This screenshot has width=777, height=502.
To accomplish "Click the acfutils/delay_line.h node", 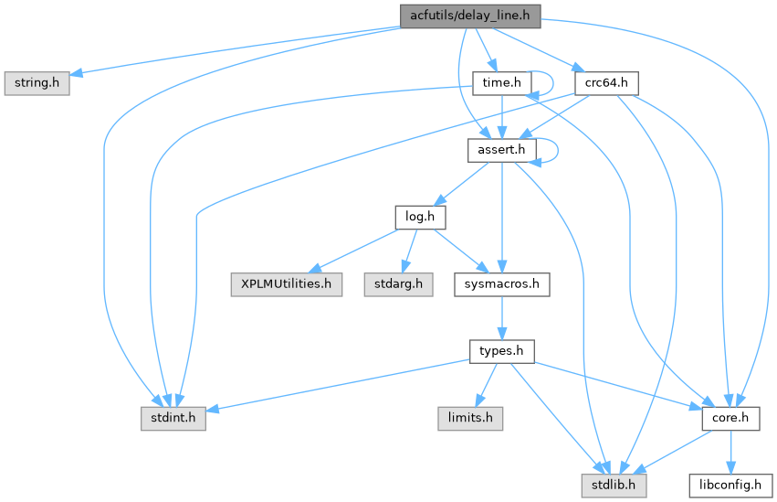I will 470,15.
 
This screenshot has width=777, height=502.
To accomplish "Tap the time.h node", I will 501,82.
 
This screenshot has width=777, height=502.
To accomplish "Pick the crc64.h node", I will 606,82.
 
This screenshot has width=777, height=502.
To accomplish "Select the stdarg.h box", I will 397,284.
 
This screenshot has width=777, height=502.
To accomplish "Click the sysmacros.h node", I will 502,284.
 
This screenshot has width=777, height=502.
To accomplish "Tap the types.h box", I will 502,351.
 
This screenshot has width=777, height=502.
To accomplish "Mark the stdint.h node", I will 173,419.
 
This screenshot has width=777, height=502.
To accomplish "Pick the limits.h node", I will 469,419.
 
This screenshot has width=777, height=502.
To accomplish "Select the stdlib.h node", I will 614,486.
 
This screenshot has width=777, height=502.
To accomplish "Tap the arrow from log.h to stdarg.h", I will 409,251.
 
